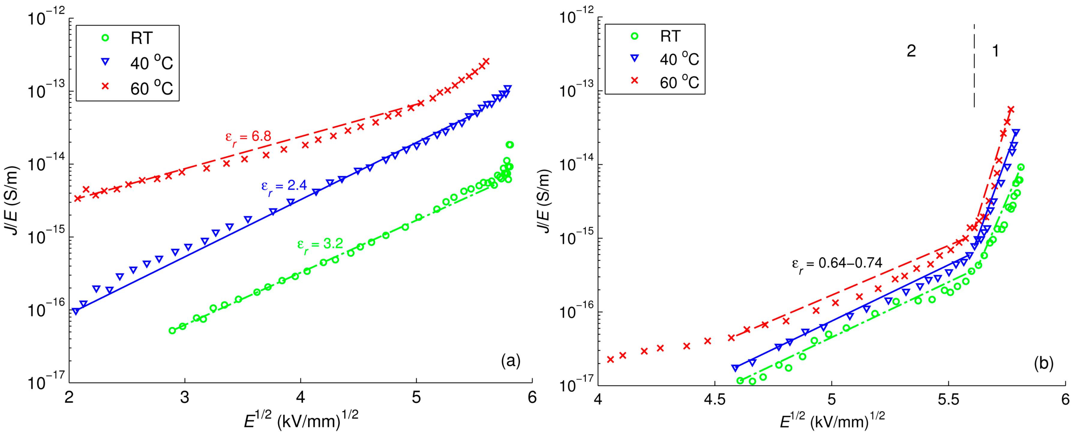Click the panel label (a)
(x=511, y=360)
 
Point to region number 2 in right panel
(x=911, y=51)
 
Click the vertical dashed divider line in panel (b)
(x=974, y=67)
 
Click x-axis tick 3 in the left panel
(x=185, y=397)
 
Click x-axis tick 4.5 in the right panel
(x=715, y=400)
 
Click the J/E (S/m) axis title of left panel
(x=13, y=200)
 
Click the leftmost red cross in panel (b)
(x=610, y=359)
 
